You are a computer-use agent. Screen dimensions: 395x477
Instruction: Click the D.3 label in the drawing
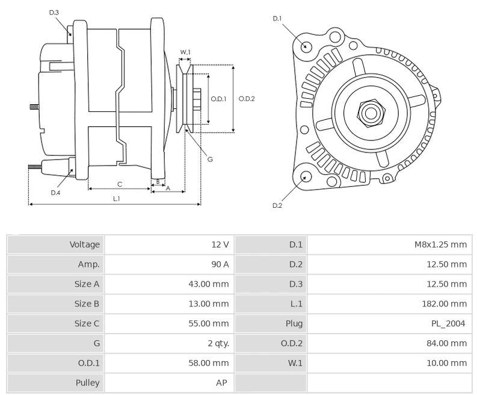tap(54, 13)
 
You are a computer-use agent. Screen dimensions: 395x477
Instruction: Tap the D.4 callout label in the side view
tap(55, 193)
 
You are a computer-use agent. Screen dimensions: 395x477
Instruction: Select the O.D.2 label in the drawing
tap(247, 99)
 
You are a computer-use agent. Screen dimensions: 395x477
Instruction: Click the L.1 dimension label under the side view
tap(116, 198)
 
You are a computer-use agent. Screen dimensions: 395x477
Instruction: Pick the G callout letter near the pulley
tap(209, 160)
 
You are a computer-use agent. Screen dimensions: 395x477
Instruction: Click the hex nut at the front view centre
tap(369, 112)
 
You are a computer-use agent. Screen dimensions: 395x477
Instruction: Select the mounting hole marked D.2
tap(306, 176)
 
